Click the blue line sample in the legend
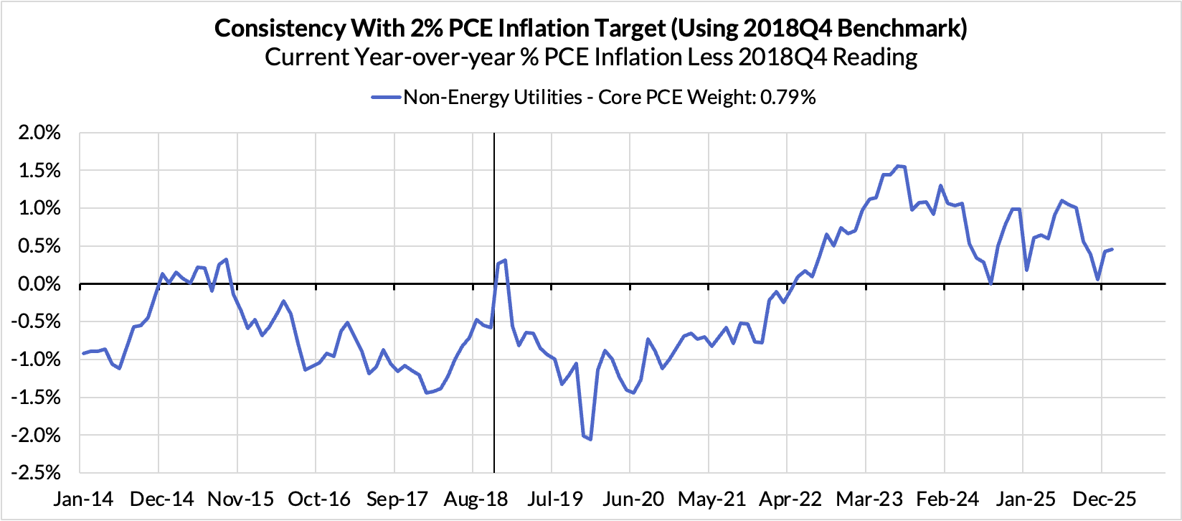pyautogui.click(x=386, y=98)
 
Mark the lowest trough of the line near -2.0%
pyautogui.click(x=590, y=438)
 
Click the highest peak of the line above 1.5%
pyautogui.click(x=898, y=166)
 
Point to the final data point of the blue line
pyautogui.click(x=1112, y=249)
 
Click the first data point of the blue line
pyautogui.click(x=83, y=353)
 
